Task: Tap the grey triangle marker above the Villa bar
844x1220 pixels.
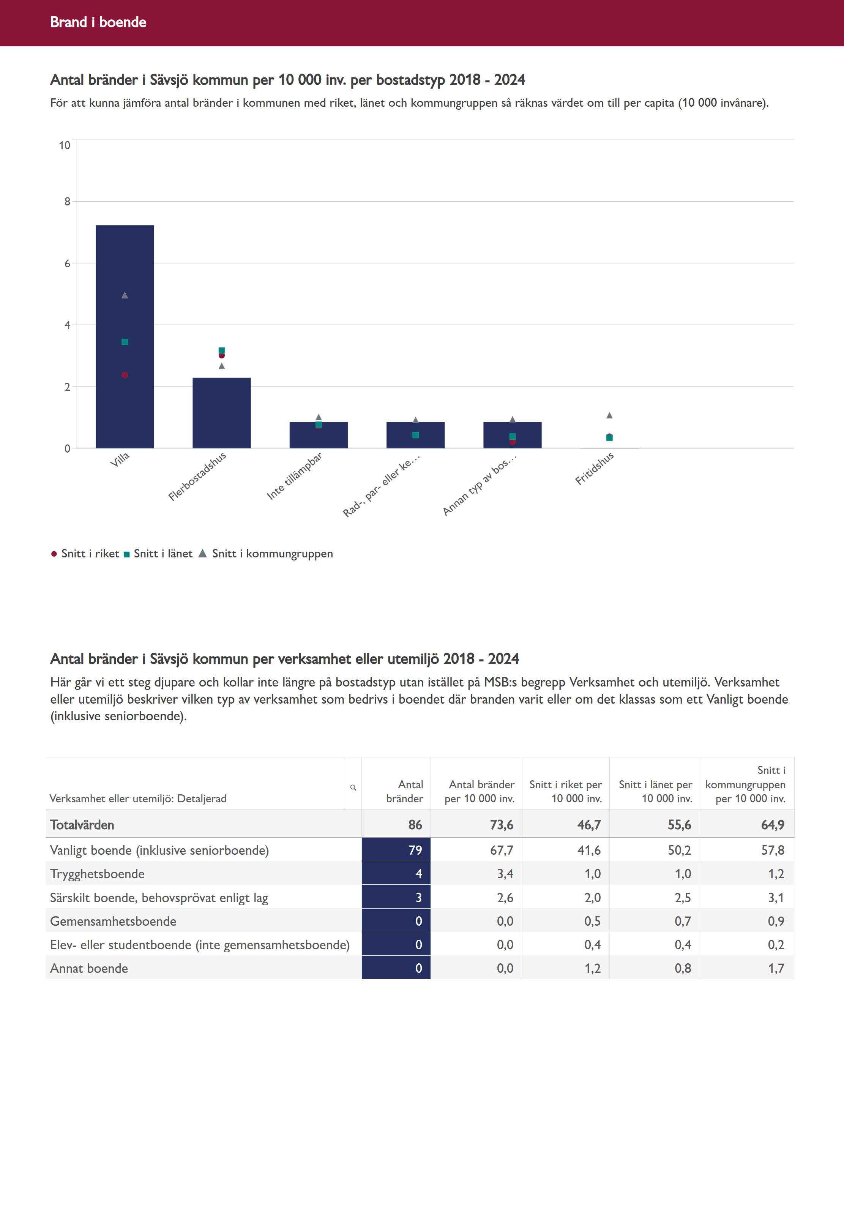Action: tap(125, 295)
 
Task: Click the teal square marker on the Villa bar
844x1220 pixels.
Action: tap(125, 342)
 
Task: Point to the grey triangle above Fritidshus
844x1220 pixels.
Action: tap(609, 415)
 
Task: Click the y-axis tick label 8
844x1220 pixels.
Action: tap(67, 202)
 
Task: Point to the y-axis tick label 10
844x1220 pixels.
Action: tap(65, 145)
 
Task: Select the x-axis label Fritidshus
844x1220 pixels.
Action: tap(595, 468)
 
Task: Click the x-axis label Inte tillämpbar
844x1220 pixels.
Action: tap(295, 476)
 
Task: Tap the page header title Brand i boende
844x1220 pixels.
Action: tap(98, 22)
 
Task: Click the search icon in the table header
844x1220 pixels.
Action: tap(353, 788)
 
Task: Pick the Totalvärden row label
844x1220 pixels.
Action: tap(82, 824)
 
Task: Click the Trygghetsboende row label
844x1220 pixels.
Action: tap(97, 874)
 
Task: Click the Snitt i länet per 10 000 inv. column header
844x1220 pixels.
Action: tap(655, 791)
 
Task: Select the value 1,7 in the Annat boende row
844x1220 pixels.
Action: tap(776, 968)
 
